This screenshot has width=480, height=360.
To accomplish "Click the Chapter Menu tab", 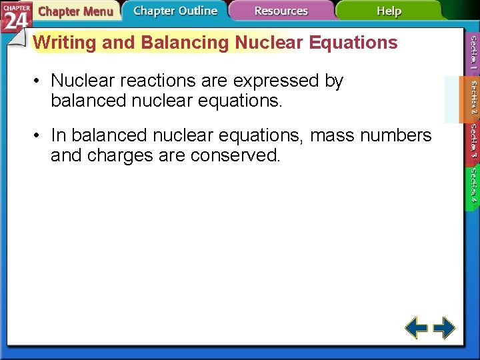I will click(75, 11).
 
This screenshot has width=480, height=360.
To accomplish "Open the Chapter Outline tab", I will click(175, 11).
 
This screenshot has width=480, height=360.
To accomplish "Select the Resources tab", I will click(281, 11).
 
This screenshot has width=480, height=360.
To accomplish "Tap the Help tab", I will click(389, 11).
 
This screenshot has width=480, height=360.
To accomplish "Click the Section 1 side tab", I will click(472, 53).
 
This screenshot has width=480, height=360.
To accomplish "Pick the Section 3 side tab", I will click(472, 143).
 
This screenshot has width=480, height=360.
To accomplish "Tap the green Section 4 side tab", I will click(472, 187).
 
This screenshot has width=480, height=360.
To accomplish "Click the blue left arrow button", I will click(416, 327).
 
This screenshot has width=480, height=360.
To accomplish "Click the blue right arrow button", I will click(444, 327).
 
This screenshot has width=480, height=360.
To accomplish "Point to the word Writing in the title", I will click(65, 43).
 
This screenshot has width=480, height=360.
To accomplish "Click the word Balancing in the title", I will click(184, 43).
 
